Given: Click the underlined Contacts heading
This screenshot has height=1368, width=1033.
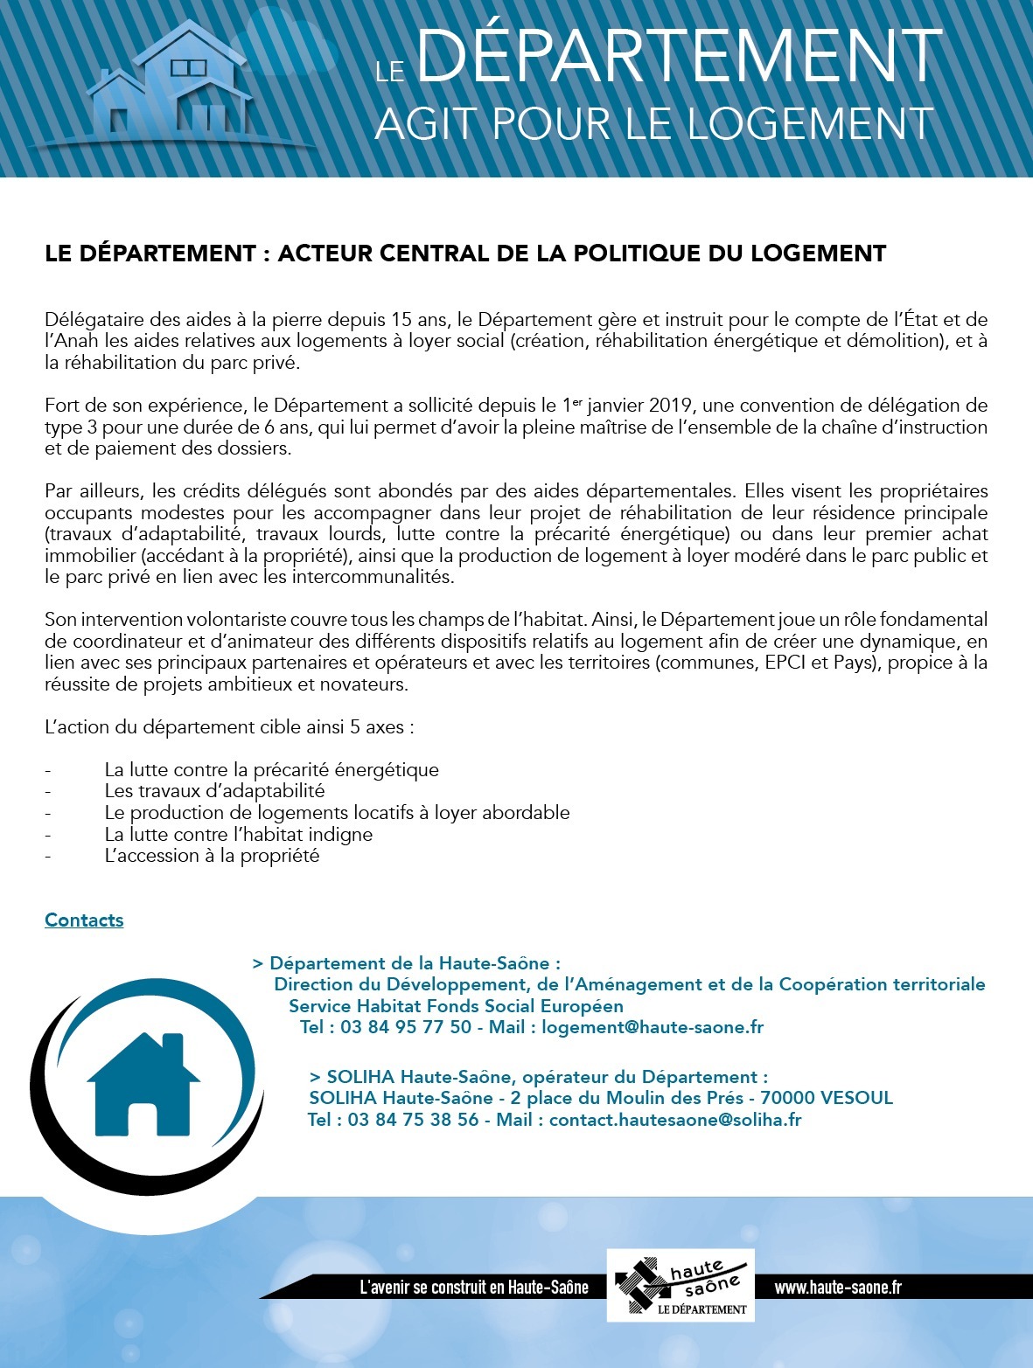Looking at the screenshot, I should pyautogui.click(x=84, y=920).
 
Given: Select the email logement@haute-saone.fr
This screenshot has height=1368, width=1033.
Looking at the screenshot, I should pyautogui.click(x=652, y=1027).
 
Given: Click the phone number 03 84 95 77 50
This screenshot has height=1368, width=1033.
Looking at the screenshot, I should pyautogui.click(x=406, y=1027).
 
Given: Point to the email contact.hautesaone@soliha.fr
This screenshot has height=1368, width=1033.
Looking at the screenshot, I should pyautogui.click(x=674, y=1120).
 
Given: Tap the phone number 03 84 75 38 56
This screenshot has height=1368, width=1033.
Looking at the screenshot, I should pyautogui.click(x=413, y=1120).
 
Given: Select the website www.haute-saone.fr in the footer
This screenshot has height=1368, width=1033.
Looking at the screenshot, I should pyautogui.click(x=838, y=1287).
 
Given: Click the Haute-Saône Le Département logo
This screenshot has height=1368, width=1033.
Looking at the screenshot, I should pyautogui.click(x=681, y=1285).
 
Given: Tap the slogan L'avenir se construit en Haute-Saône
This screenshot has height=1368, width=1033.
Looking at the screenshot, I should pyautogui.click(x=474, y=1287).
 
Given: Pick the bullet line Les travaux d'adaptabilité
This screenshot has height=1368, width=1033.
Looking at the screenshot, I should pyautogui.click(x=214, y=791).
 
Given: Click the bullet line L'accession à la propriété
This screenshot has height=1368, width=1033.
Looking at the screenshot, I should pyautogui.click(x=212, y=856).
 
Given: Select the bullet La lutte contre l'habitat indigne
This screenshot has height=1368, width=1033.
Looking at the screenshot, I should pyautogui.click(x=238, y=834).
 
